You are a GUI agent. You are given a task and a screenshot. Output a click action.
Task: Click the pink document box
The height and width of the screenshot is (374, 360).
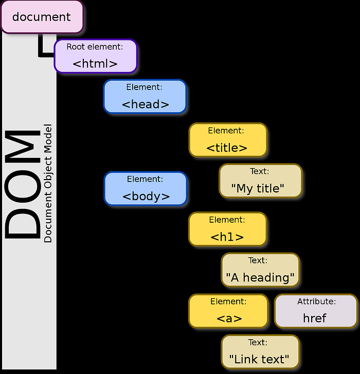coord(42,16)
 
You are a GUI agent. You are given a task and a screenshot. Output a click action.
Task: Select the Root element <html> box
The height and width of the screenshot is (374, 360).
coord(96,56)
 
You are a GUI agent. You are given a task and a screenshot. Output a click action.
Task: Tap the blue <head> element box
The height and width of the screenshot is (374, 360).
coord(145,96)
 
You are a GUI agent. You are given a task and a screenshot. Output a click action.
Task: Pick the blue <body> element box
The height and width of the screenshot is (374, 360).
coord(146,188)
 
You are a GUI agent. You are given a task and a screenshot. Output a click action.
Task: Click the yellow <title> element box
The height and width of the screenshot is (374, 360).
coord(227,139)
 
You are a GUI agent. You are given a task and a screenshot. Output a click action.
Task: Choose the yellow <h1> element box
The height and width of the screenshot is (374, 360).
coord(227,228)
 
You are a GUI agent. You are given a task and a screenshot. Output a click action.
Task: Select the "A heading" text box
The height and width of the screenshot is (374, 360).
coord(260,270)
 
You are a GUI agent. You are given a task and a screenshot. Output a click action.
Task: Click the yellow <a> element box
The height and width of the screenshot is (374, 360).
coord(228,311)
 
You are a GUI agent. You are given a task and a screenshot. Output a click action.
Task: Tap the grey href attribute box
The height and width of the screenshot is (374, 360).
coord(316,311)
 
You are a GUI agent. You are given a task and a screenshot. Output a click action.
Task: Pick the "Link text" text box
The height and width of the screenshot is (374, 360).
coord(260,351)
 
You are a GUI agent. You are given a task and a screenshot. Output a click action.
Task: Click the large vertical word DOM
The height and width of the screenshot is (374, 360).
coord(23,184)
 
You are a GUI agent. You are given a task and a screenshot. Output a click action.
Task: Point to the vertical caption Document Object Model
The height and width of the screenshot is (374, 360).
coord(48,183)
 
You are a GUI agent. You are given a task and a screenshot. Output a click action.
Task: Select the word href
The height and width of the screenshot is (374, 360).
coord(315,318)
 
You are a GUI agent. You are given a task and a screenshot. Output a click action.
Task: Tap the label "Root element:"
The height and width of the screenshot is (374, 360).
coord(95,47)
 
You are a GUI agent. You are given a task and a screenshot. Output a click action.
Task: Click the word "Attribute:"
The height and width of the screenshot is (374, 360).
coord(316,302)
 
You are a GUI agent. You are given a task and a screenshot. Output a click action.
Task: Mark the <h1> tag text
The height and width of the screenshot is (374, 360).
coord(227,237)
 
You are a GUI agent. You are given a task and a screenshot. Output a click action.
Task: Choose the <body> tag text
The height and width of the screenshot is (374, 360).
coord(146,196)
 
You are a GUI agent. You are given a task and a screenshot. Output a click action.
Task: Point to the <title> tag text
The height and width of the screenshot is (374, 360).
coord(227,148)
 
